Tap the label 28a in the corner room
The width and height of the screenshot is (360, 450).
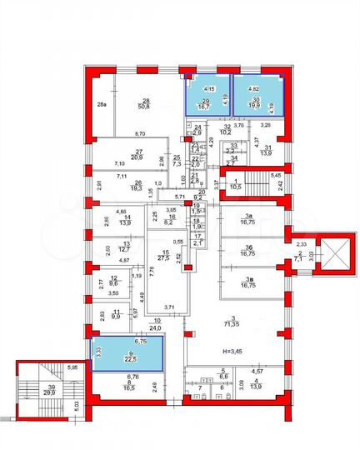click(101, 105)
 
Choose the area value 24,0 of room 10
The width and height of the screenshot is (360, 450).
click(156, 328)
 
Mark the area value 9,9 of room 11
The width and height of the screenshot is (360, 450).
click(116, 317)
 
